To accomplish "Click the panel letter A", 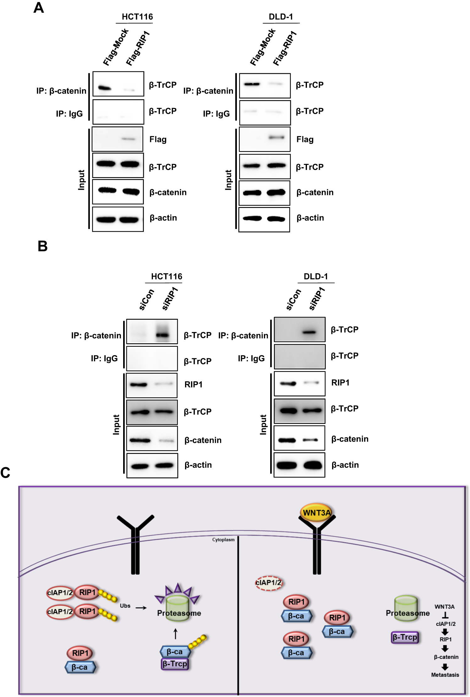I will pyautogui.click(x=39, y=8).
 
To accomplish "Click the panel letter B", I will pyautogui.click(x=42, y=246).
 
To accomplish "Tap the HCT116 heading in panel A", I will pyautogui.click(x=137, y=17).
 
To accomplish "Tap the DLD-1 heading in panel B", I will pyautogui.click(x=315, y=276).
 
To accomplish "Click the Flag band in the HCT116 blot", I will pyautogui.click(x=128, y=139).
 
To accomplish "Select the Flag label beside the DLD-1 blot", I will pyautogui.click(x=305, y=139).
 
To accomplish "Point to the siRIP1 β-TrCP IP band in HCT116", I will pyautogui.click(x=162, y=335).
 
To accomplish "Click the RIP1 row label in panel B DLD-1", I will pyautogui.click(x=340, y=383).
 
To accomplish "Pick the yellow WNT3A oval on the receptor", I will pyautogui.click(x=316, y=513).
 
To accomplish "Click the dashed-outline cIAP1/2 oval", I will pyautogui.click(x=268, y=583).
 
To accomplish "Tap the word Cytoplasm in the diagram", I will pyautogui.click(x=223, y=540).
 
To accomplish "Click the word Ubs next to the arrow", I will pyautogui.click(x=125, y=606).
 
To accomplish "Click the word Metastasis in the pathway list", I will pyautogui.click(x=445, y=675).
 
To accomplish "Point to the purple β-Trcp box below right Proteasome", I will pyautogui.click(x=405, y=637).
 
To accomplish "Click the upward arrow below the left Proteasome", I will pyautogui.click(x=176, y=634).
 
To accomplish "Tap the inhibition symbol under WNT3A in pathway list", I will pyautogui.click(x=445, y=615).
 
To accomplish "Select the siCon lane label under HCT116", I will pyautogui.click(x=146, y=300).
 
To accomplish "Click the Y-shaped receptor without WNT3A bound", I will pyautogui.click(x=135, y=543).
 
